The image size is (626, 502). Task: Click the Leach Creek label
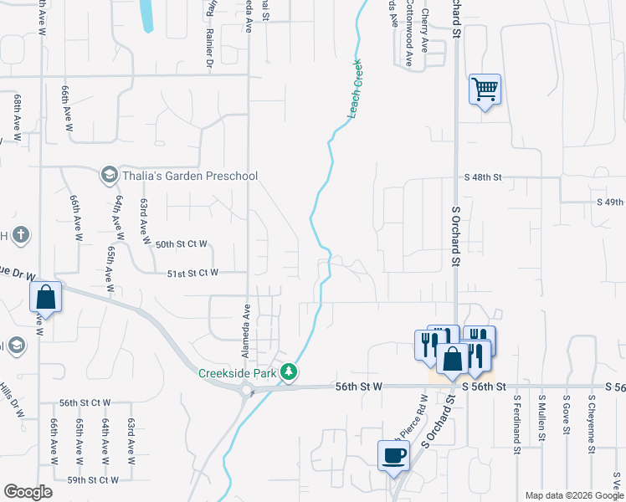click(354, 89)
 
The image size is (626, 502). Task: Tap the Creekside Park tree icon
click(290, 371)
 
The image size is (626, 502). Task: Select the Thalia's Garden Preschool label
click(190, 176)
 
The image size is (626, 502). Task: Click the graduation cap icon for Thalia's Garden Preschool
click(109, 175)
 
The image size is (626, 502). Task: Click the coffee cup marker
click(393, 456)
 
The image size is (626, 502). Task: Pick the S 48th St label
click(483, 177)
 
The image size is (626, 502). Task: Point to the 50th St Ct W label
click(182, 244)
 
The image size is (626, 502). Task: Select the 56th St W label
click(359, 387)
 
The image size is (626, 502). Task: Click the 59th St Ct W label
click(93, 480)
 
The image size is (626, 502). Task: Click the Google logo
click(28, 492)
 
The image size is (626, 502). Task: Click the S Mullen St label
click(542, 419)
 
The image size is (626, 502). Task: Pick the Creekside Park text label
click(238, 372)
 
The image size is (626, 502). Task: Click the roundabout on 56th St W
click(247, 389)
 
